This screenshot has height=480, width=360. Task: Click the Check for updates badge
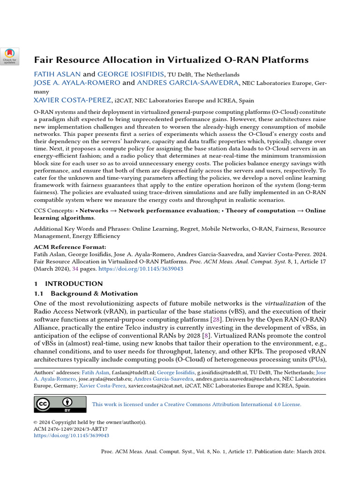10,56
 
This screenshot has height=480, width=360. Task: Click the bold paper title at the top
171,60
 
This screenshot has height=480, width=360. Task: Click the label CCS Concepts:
53,210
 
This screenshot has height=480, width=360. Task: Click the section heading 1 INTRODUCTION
68,284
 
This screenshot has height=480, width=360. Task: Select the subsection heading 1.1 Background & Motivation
86,293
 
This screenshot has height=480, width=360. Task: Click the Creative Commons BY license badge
60,404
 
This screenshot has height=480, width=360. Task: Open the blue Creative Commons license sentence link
196,404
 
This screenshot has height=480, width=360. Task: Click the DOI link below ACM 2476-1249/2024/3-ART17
71,435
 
